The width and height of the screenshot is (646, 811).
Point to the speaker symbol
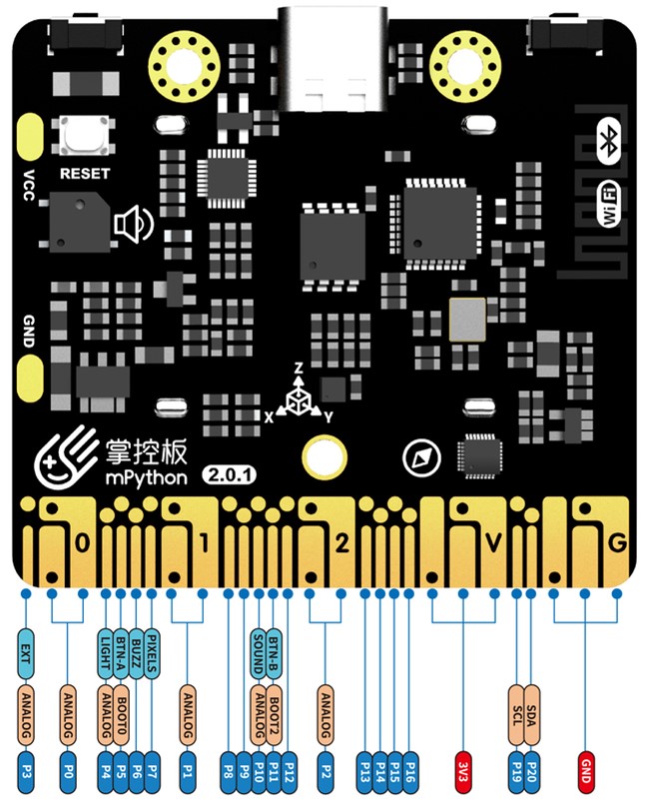134,226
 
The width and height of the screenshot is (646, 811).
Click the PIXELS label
152,654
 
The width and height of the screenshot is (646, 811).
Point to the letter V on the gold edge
491,543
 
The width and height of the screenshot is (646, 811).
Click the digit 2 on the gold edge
341,543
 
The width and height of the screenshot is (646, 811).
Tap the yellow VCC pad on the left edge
27,137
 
